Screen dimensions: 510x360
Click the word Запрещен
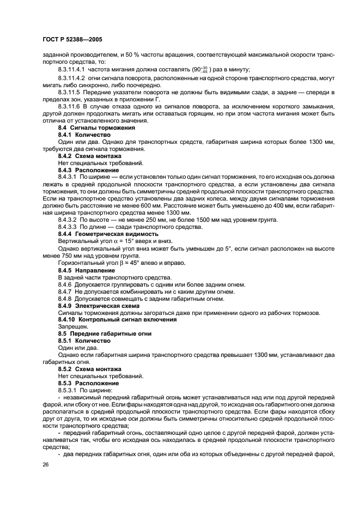[x=70, y=326]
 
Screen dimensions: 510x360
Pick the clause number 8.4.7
[x=65, y=292]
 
